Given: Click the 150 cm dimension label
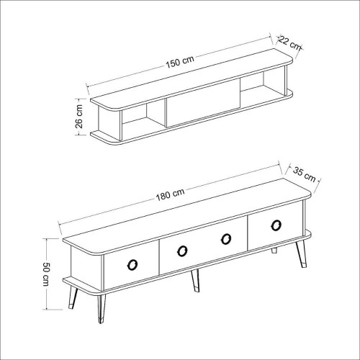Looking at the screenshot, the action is coord(180,62).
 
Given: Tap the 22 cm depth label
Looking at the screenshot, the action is coord(289,42).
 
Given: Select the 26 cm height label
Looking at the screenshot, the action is coord(79,117).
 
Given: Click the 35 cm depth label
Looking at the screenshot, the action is coord(305,174).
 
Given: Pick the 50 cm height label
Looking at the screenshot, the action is coord(46,274).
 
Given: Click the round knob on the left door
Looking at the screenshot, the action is coord(132,264).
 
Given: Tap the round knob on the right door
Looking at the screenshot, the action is coord(276,225).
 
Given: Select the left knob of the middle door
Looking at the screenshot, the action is coord(182,251).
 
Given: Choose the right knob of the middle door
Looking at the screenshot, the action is coord(226,239).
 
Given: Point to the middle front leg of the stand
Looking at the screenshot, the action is coord(195,280).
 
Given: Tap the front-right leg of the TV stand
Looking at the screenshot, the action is coord(301,254).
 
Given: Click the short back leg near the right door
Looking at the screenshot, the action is coord(274,251).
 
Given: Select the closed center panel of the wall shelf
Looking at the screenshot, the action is coord(203,102).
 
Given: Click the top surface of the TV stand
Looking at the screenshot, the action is coord(186,216).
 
